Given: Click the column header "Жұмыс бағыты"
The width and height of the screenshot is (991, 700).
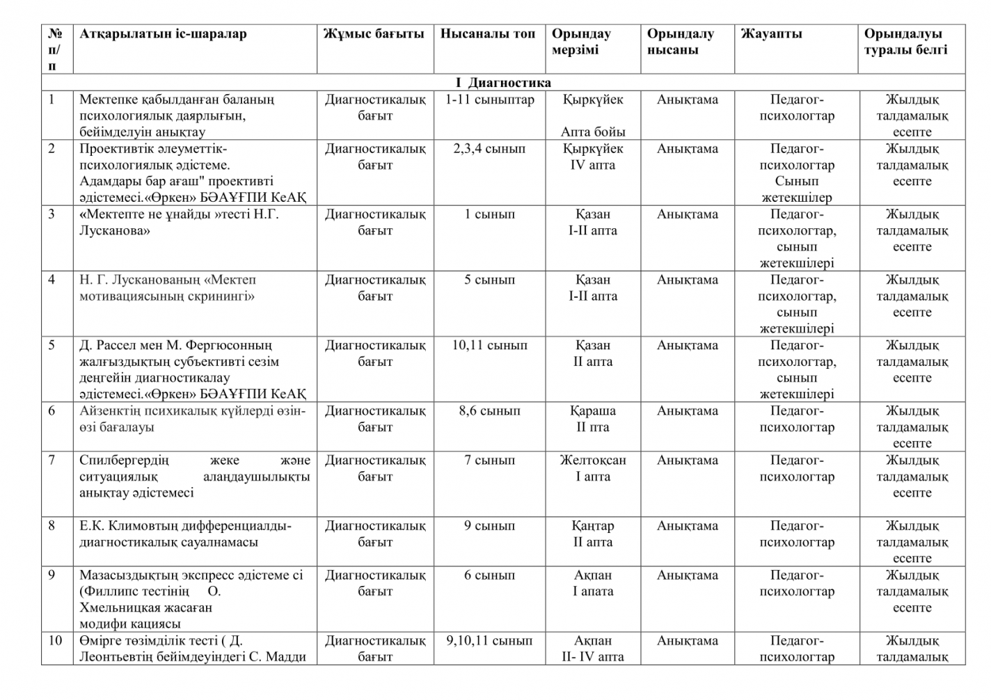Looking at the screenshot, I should tap(374, 34).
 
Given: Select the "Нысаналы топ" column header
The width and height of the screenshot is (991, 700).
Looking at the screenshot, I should tap(488, 34).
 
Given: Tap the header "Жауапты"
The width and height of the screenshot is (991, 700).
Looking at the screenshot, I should tap(771, 34).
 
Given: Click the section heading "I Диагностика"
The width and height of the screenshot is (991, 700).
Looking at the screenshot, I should tap(503, 83).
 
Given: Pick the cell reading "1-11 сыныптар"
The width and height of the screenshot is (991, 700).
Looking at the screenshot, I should tap(489, 100).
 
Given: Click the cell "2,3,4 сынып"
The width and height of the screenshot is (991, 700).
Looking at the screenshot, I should tap(489, 149).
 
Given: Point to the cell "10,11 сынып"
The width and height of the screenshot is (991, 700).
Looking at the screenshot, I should tap(489, 345).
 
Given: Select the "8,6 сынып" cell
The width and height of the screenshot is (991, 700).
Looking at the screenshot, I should tap(489, 411).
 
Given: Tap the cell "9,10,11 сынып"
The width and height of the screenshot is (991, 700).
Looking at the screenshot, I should tap(489, 640).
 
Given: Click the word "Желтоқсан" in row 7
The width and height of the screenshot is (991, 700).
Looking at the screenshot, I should tap(593, 460).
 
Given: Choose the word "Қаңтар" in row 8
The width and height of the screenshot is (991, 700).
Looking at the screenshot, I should tap(593, 525).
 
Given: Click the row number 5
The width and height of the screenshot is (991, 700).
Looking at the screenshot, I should tap(52, 345).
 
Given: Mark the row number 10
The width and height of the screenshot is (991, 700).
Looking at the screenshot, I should tap(56, 640).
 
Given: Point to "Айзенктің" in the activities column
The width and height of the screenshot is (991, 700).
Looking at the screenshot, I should tap(110, 411).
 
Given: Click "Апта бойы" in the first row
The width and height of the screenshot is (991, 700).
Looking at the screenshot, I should tap(593, 132).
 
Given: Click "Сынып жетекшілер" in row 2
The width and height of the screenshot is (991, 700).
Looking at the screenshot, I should tap(797, 189).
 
